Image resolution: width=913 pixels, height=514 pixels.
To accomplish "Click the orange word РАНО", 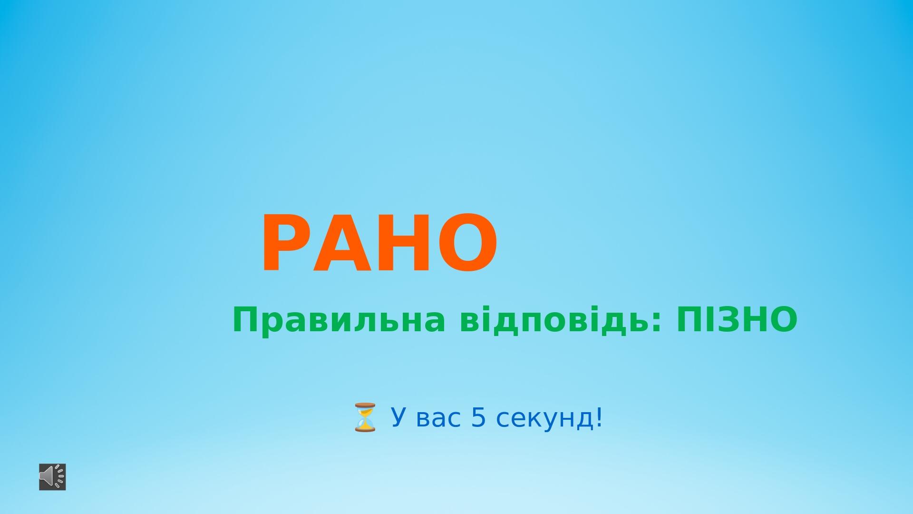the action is pyautogui.click(x=379, y=243).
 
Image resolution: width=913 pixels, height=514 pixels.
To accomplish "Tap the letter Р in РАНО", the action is pyautogui.click(x=287, y=243).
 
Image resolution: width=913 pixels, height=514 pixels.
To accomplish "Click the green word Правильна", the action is pyautogui.click(x=339, y=320).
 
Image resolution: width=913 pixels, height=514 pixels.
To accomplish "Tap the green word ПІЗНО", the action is pyautogui.click(x=737, y=320).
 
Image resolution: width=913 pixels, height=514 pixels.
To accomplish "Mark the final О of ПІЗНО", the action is pyautogui.click(x=782, y=320).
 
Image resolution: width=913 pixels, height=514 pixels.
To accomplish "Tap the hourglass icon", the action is pyautogui.click(x=365, y=417).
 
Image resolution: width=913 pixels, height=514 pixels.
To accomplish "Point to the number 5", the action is pyautogui.click(x=479, y=417).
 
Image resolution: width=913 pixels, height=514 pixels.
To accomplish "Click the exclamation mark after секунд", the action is pyautogui.click(x=599, y=417).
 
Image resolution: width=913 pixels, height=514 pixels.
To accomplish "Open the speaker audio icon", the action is pyautogui.click(x=52, y=476).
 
